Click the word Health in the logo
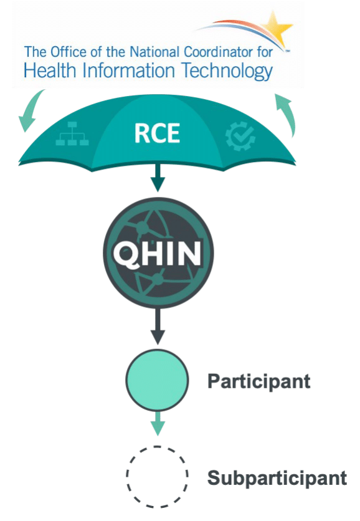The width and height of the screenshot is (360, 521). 50,71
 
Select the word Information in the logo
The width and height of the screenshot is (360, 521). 129,71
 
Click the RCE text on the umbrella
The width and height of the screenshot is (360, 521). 157,133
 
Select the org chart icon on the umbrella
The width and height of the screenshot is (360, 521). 72,133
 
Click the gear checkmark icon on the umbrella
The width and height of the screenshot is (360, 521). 240,136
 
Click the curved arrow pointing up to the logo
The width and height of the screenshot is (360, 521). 286,115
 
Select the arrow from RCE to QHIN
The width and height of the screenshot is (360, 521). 158,178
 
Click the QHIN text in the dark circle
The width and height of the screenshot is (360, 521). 158,254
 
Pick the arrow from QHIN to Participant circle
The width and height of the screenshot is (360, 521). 158,327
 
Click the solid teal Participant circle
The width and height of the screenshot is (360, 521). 157,380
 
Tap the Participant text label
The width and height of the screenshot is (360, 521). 259,381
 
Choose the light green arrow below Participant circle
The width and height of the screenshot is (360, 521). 158,424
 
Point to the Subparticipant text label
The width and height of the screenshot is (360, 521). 277,479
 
